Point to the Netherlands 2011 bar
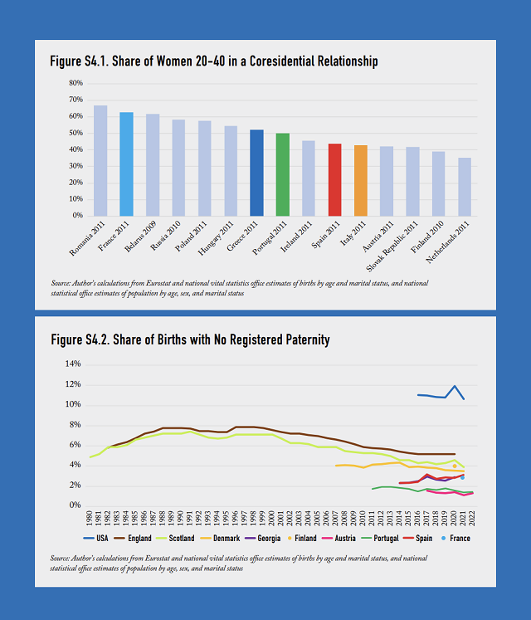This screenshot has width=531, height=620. click(x=465, y=187)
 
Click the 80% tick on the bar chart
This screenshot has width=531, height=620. click(x=76, y=83)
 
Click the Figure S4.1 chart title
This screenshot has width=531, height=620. click(x=214, y=61)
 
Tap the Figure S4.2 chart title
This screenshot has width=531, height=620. click(x=190, y=339)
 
